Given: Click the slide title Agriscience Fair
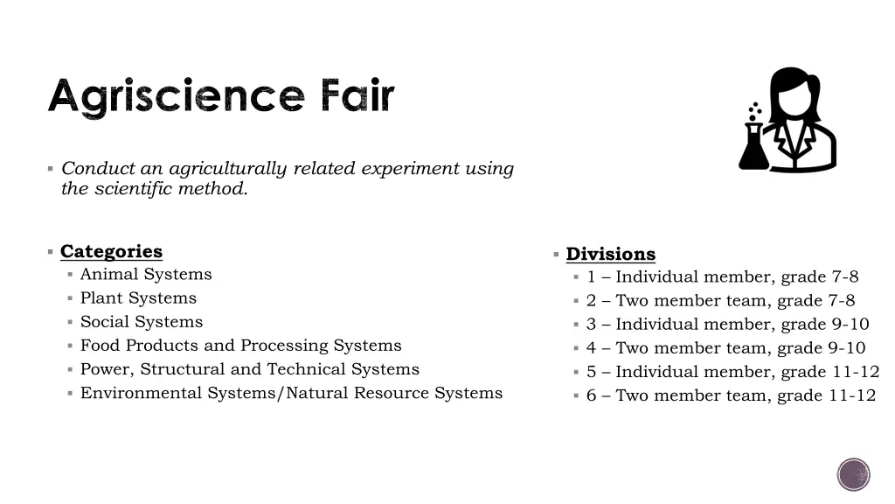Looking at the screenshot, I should click(221, 97).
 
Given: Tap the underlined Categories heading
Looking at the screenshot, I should click(111, 252).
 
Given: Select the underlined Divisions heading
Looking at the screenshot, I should click(610, 255).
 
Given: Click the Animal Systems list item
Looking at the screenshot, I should click(146, 275).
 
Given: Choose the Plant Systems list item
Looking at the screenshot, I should click(138, 298).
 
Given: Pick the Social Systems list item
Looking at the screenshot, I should click(142, 322).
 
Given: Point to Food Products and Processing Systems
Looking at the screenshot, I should click(240, 346).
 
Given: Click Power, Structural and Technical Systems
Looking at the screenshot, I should click(249, 369).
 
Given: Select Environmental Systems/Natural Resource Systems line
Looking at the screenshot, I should click(291, 393).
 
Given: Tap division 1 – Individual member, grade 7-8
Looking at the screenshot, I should click(722, 277).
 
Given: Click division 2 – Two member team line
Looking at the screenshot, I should click(720, 301).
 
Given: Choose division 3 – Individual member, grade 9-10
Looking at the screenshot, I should click(727, 325).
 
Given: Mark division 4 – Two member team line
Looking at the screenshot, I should click(725, 348).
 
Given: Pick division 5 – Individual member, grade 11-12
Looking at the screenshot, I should click(732, 372).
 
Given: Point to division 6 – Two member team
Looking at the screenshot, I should click(731, 395).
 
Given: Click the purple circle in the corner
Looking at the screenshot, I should click(853, 474).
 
